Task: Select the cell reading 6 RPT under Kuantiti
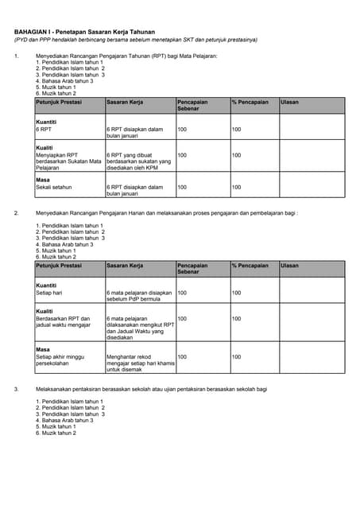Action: coord(45,128)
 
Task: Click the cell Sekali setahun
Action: coord(54,186)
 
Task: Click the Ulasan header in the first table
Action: coord(290,103)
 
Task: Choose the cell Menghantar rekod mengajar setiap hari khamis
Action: coord(140,363)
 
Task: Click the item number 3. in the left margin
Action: coord(17,389)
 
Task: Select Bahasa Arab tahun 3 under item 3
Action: coord(64,420)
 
